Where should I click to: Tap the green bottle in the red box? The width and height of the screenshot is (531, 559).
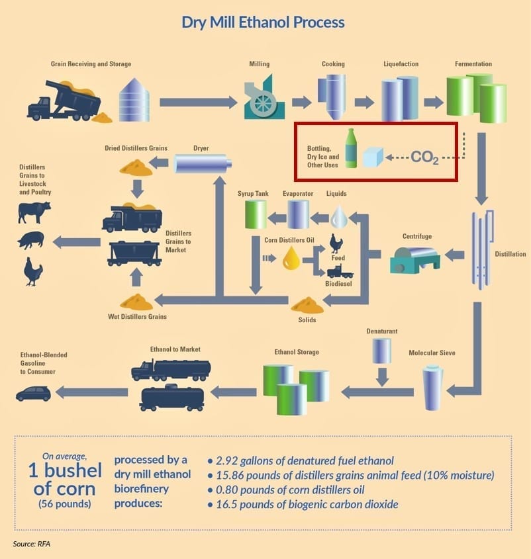click(351, 148)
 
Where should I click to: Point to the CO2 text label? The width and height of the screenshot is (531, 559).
click(424, 157)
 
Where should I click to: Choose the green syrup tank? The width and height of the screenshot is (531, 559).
click(256, 214)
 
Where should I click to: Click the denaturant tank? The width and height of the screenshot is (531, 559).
click(381, 351)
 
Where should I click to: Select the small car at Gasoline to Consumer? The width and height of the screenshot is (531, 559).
click(33, 394)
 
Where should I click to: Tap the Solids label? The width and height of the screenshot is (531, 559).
click(307, 320)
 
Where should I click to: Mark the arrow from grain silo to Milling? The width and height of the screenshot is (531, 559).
click(198, 102)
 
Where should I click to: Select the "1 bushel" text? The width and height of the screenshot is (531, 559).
click(65, 470)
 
